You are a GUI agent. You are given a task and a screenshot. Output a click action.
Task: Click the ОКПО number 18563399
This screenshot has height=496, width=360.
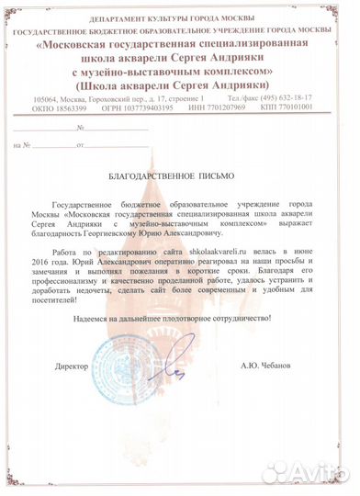(x=73, y=106)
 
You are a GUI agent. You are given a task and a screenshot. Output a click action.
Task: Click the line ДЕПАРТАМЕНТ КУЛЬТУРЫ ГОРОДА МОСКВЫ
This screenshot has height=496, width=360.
(x=180, y=19)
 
